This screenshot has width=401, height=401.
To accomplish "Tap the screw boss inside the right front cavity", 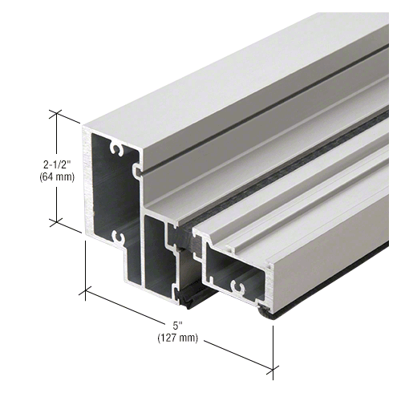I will tap(237, 285).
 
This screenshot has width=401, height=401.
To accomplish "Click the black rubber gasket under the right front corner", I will tap(273, 314).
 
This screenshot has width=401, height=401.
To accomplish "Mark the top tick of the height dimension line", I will tap(56, 115).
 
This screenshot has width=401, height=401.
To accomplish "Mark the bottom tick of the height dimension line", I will tap(56, 221).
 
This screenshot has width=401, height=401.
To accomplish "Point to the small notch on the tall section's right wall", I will tap(138, 170).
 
